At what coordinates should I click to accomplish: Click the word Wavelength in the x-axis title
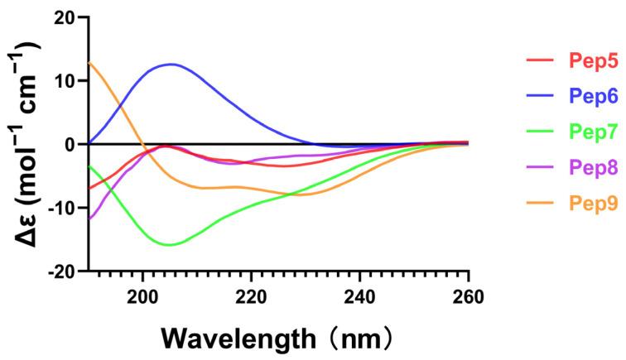pos(228,338)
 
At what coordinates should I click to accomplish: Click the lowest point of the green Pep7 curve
pos(169,245)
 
